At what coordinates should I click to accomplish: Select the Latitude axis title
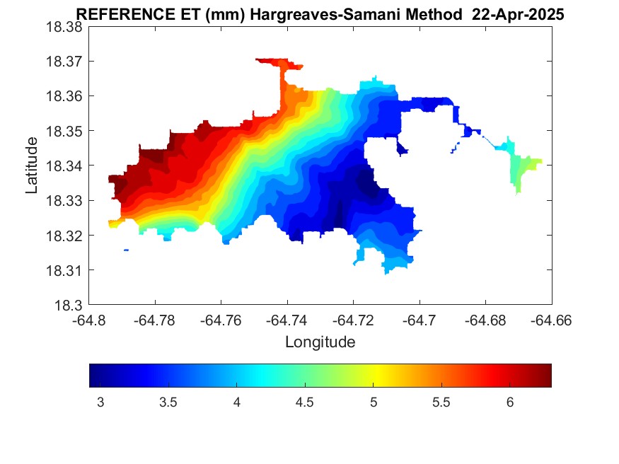(x=32, y=166)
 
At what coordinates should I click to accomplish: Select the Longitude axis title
(x=320, y=342)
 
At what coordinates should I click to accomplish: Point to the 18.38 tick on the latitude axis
(x=64, y=26)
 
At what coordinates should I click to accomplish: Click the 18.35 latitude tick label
(x=64, y=131)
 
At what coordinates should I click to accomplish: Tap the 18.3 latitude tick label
(x=69, y=306)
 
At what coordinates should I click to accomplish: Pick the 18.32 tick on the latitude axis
(x=64, y=236)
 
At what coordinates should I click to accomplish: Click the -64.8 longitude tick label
(x=90, y=320)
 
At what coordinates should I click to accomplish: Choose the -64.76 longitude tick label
(x=221, y=320)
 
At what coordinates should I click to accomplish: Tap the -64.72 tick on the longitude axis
(x=354, y=320)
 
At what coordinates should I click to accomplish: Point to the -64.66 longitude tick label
(x=552, y=320)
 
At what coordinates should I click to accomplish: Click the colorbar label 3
(x=100, y=402)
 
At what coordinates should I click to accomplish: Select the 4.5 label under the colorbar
(x=305, y=402)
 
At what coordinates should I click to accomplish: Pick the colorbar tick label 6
(x=509, y=402)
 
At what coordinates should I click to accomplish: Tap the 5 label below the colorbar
(x=374, y=402)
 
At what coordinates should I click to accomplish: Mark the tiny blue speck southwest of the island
(x=126, y=250)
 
